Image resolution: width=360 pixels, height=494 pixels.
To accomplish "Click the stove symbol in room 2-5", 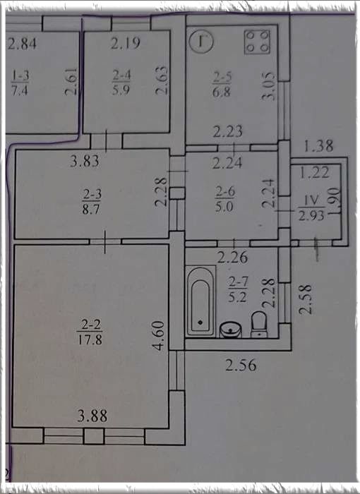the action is tap(258, 42).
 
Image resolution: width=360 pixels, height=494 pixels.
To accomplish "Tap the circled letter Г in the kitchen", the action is tap(201, 41).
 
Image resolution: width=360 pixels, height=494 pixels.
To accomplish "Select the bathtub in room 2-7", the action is tap(200, 301).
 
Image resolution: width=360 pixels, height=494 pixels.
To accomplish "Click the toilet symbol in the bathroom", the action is tap(259, 325).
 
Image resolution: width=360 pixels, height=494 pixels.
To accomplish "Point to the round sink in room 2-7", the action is tap(230, 330).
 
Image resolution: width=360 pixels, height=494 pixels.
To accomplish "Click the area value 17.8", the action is tap(90, 340).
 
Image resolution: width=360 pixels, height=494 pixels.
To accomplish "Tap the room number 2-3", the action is tap(92, 194).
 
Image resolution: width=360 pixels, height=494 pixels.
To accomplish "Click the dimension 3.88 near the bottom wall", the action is tap(92, 416).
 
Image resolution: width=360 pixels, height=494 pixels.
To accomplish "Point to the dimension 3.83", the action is tap(85, 161).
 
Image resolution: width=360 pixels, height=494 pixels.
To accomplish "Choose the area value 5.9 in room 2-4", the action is tap(121, 90).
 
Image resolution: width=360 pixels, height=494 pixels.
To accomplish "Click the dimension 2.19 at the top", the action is tap(125, 43).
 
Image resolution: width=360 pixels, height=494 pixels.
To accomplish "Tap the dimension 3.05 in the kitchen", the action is tap(268, 86).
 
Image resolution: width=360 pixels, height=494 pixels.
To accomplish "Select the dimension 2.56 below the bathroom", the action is tap(241, 366).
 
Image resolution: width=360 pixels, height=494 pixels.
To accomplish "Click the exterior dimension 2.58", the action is tap(306, 299).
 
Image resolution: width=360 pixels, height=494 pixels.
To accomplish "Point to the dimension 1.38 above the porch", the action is tap(318, 146).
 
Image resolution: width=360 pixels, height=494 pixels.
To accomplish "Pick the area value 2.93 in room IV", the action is tap(311, 216).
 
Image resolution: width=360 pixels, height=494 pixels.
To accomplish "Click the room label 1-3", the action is tap(20, 76).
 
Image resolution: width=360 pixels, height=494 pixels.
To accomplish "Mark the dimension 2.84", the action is tap(22, 44).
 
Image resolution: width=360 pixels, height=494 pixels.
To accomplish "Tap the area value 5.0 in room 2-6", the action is tap(224, 207).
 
